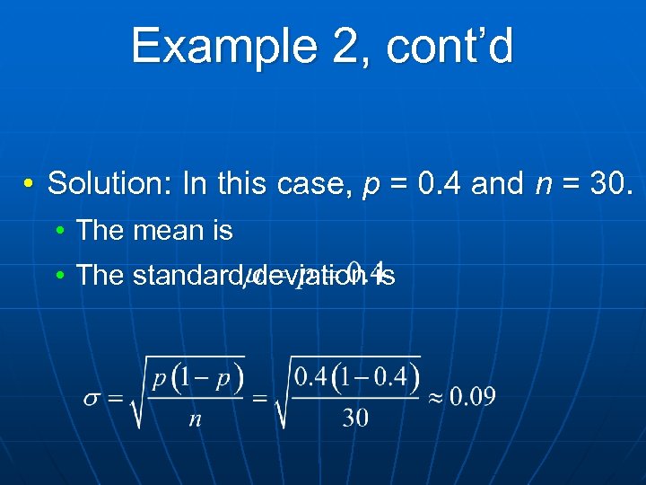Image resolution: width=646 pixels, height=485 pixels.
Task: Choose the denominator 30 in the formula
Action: point(355,419)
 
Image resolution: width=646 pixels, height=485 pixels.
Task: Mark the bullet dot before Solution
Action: point(31,184)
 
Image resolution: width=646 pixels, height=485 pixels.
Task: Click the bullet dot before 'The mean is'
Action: point(59,232)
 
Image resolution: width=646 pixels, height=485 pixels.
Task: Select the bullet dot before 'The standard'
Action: point(59,276)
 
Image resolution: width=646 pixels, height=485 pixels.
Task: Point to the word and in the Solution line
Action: point(497,183)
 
